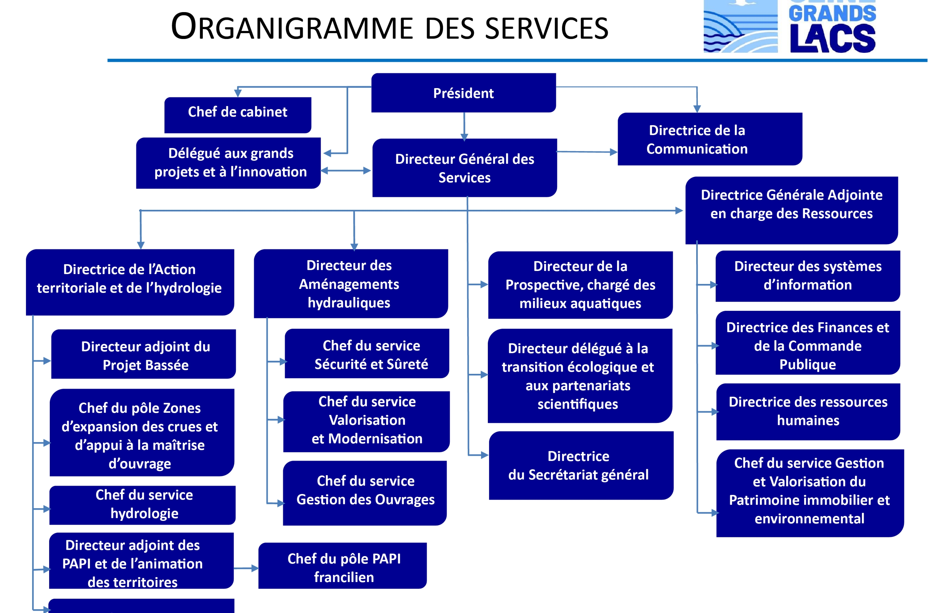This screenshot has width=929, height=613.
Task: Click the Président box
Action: click(464, 93)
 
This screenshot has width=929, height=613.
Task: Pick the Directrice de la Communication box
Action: click(710, 139)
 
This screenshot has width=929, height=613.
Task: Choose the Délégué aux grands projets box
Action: click(228, 163)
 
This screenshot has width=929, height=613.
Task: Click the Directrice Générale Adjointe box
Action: click(791, 210)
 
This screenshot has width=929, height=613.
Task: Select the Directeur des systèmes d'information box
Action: click(808, 276)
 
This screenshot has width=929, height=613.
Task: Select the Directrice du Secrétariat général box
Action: click(581, 465)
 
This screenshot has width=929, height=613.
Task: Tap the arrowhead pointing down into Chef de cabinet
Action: click(238, 93)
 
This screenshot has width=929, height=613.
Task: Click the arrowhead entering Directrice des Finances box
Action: click(715, 346)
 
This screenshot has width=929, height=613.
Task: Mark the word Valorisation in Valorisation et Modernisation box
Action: click(367, 420)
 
